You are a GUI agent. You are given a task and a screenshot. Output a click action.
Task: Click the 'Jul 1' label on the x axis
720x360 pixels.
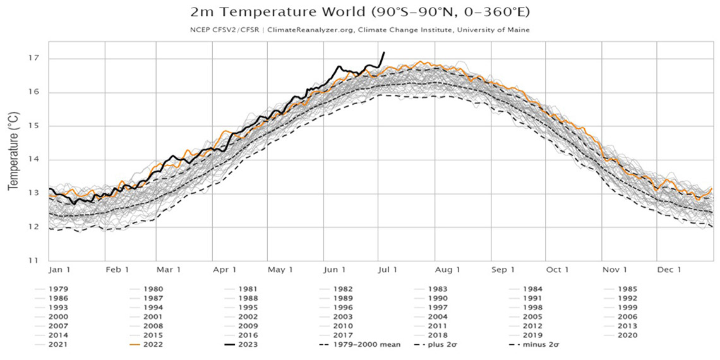pos(387,270)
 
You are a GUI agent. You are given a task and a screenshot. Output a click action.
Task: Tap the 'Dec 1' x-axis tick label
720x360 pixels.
pos(670,270)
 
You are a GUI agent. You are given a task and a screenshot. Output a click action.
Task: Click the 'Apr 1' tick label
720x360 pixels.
pos(225,270)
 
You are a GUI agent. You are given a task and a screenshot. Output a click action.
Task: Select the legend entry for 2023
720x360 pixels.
pos(247,345)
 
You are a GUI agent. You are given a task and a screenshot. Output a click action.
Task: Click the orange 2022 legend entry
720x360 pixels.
pos(151,345)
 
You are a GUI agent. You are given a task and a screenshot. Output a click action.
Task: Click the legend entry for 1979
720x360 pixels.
pos(56,289)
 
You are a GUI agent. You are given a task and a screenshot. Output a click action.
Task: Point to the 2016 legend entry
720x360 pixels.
pos(247,335)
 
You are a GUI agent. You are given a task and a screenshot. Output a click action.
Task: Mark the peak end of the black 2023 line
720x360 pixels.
pos(384,52)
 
